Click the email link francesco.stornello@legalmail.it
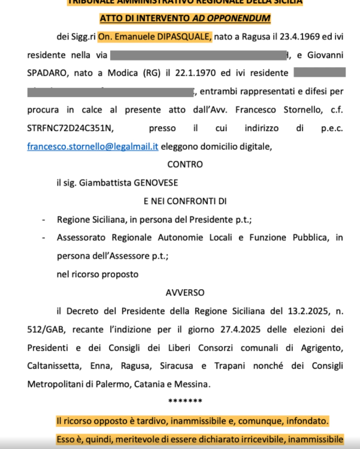84,145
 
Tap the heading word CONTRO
184,164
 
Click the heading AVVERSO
184,292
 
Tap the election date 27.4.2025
246,329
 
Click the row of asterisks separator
184,401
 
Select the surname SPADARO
49,74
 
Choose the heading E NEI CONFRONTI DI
184,201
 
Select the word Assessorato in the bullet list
86,238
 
